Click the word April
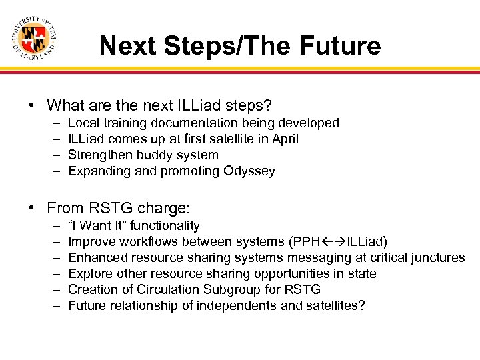pos(283,139)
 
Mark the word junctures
pos(437,258)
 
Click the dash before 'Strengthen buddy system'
pos(54,155)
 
